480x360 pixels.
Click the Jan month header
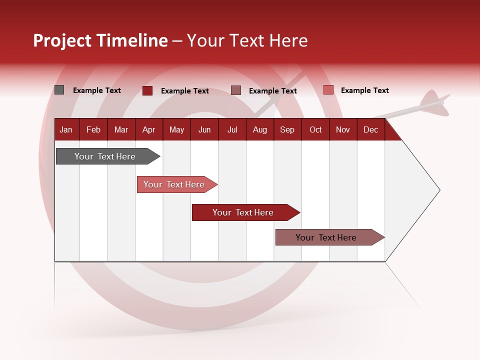(x=66, y=129)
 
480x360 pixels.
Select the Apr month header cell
(x=149, y=129)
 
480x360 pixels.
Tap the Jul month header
(x=232, y=129)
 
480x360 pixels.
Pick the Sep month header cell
(x=287, y=129)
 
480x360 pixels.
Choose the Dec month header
(x=370, y=129)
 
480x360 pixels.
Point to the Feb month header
(x=93, y=129)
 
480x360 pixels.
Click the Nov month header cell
(x=343, y=129)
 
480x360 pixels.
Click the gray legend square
(x=59, y=90)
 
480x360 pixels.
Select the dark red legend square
(x=147, y=90)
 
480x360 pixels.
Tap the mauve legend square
(x=236, y=90)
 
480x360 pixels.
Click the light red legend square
(x=328, y=90)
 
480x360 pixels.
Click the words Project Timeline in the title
(x=100, y=40)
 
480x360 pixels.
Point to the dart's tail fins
(x=433, y=100)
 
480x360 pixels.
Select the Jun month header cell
(x=204, y=129)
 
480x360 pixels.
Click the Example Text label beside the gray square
(x=97, y=90)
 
